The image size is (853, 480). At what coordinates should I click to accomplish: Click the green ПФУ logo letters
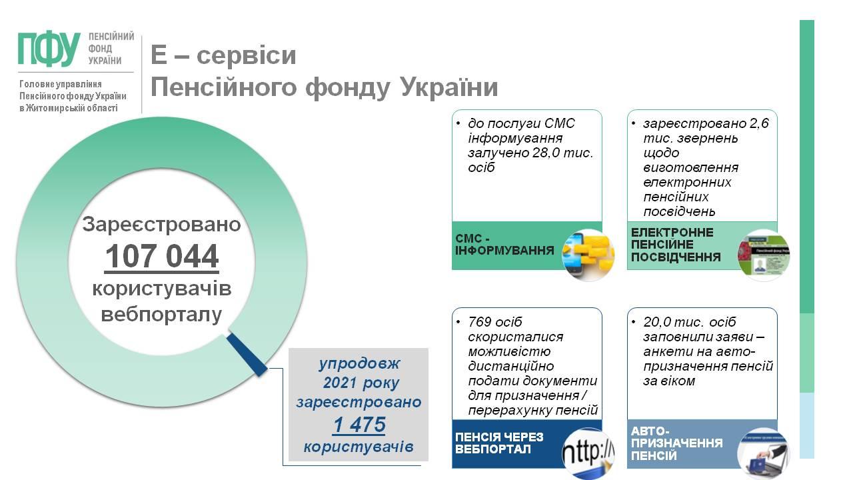click(x=49, y=49)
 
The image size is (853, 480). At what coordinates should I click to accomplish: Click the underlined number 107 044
click(x=161, y=257)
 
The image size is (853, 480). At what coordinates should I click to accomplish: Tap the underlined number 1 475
click(x=359, y=425)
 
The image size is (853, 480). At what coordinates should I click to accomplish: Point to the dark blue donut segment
click(x=247, y=354)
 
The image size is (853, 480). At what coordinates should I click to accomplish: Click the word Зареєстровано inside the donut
click(x=161, y=224)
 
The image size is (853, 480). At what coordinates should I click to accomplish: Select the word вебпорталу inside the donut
click(x=161, y=315)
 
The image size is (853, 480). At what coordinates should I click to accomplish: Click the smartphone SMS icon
click(x=588, y=255)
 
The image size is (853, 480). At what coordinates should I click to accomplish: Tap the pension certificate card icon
click(x=763, y=255)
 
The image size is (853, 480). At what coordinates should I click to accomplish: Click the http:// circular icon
click(x=588, y=453)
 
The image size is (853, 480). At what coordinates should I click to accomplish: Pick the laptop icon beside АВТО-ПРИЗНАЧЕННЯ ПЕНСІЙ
click(x=763, y=453)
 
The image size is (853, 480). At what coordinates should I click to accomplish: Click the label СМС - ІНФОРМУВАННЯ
click(x=504, y=245)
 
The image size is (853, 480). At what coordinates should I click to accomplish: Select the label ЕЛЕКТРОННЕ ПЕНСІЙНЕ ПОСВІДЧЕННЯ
click(x=676, y=245)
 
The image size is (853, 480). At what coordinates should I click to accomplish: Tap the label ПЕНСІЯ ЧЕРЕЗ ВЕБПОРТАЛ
click(x=499, y=443)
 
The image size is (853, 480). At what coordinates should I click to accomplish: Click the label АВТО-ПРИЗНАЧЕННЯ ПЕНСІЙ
click(x=676, y=443)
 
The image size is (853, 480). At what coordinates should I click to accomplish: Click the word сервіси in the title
click(x=247, y=55)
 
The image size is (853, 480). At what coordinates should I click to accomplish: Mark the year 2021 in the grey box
click(x=340, y=383)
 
